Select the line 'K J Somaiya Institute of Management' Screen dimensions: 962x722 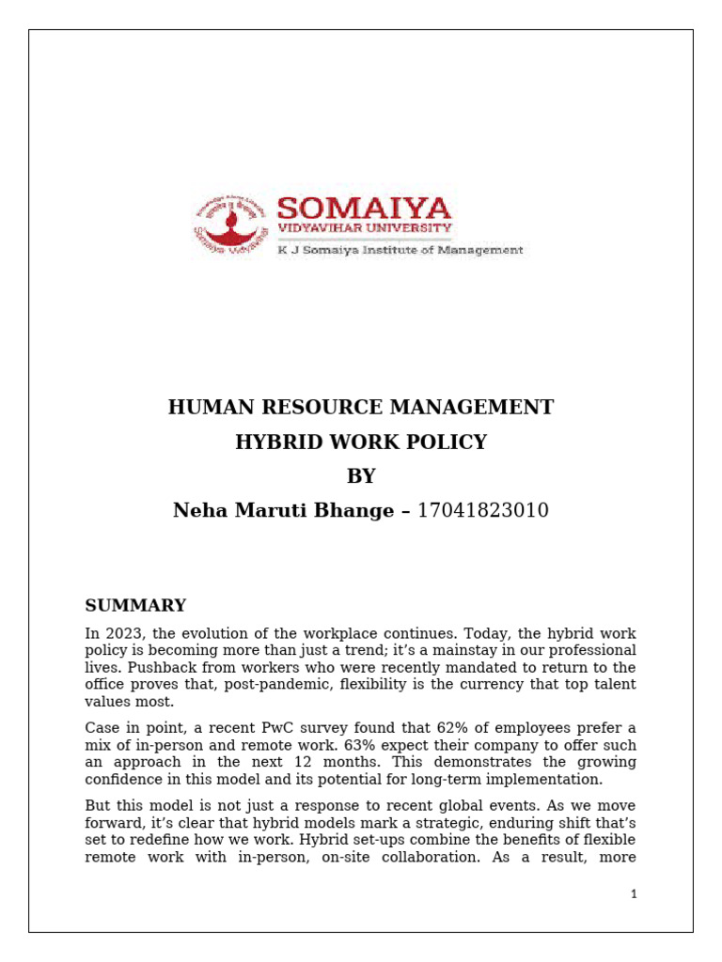(x=399, y=251)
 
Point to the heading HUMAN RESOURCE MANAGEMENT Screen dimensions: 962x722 (x=361, y=407)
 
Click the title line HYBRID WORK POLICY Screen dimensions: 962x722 (x=361, y=442)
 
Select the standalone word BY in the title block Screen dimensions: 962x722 (x=361, y=476)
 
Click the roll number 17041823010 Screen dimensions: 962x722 (x=482, y=510)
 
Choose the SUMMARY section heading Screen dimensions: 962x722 (x=135, y=605)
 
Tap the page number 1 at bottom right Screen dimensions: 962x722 (x=634, y=894)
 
